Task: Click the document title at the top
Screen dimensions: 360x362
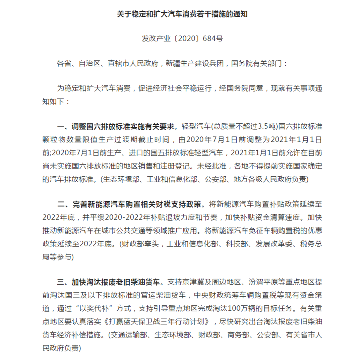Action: [x=181, y=14]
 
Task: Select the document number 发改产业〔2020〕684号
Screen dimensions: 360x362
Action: [x=181, y=38]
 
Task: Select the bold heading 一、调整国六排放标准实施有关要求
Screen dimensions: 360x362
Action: [x=116, y=126]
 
